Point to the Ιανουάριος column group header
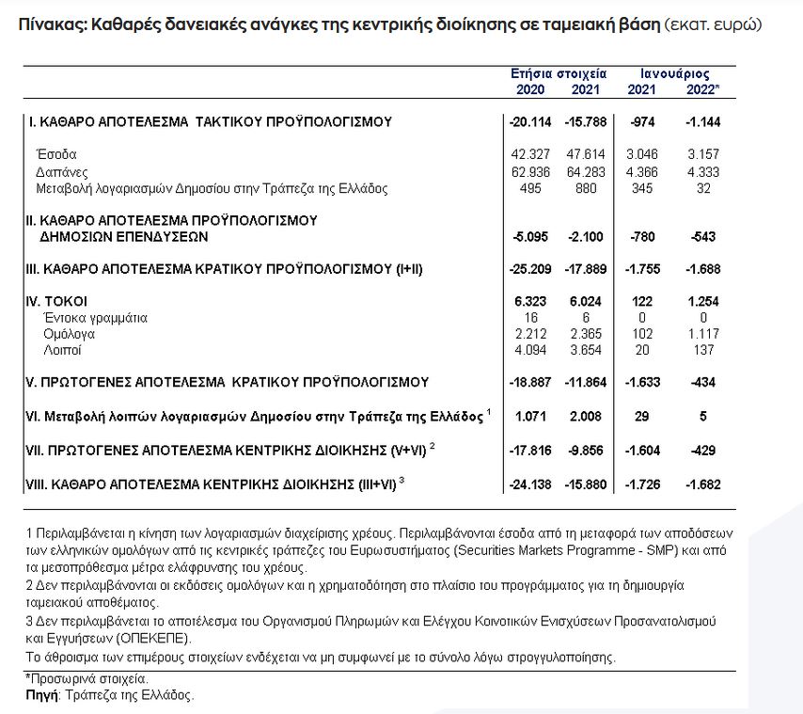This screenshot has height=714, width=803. coord(674,73)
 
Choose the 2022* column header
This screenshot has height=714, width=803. coord(702,89)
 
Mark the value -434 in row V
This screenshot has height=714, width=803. coord(704,382)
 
